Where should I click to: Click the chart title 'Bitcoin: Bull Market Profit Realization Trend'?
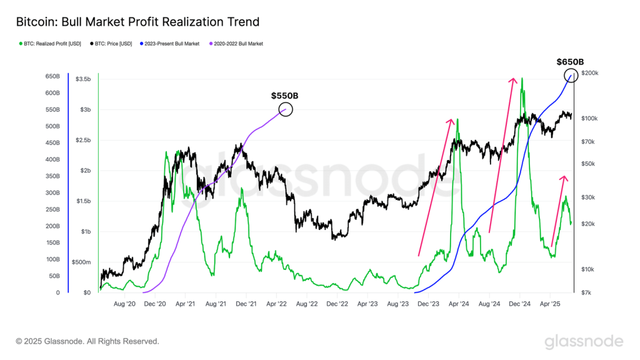pos(137,22)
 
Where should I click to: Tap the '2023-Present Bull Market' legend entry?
pos(171,44)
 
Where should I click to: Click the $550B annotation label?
pos(284,96)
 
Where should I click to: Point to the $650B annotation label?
pos(570,62)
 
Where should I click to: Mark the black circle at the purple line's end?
pos(285,110)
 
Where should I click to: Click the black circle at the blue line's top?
pos(571,76)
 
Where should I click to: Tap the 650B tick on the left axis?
pos(52,76)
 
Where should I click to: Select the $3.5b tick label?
pos(82,79)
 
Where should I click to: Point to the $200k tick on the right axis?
pos(590,73)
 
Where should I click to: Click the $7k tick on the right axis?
pos(587,292)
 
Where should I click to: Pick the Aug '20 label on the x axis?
pos(124,304)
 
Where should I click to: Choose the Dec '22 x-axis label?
pos(337,304)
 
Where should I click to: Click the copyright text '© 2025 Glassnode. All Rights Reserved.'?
pos(87,341)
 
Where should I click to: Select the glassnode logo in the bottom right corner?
pos(584,341)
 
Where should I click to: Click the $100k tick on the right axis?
pos(590,118)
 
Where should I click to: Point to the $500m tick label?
pos(81,262)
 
